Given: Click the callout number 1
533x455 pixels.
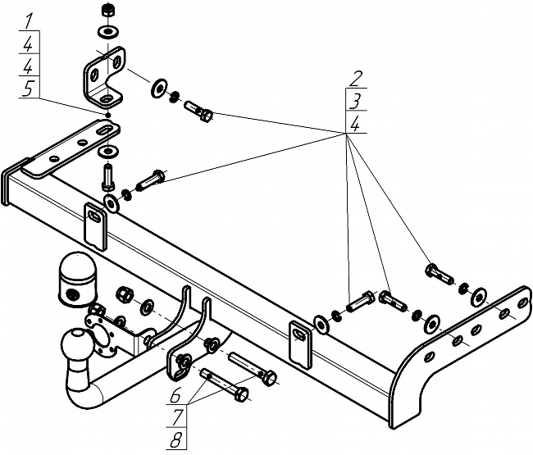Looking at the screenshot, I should tap(29, 19).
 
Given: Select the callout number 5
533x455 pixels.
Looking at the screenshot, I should tap(29, 92).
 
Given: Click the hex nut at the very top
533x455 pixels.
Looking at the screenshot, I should tap(107, 11).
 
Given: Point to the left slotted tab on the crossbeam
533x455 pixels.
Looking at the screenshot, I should tap(96, 223).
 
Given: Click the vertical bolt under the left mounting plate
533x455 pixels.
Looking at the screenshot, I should tap(107, 175).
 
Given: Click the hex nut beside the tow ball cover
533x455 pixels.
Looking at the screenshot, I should tap(125, 293).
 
